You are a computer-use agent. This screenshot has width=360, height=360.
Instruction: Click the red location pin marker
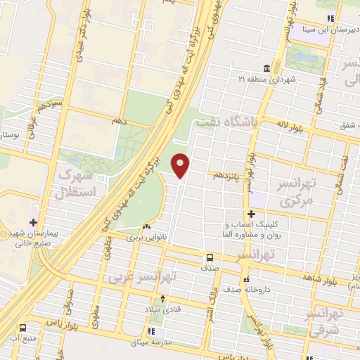(x=181, y=165)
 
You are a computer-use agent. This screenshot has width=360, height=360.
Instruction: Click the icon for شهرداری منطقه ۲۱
(x=267, y=68)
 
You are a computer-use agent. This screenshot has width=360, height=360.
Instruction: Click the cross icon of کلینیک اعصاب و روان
(x=251, y=214)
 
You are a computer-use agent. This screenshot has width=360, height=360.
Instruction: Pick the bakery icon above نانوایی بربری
(x=146, y=227)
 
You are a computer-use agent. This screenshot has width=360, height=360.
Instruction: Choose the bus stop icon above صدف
(x=209, y=257)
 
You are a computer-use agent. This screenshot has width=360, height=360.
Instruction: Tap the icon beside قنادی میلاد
(x=165, y=297)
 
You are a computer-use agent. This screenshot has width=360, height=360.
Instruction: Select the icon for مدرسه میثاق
(x=150, y=330)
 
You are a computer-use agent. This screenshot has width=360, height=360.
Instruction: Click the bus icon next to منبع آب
(x=23, y=327)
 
